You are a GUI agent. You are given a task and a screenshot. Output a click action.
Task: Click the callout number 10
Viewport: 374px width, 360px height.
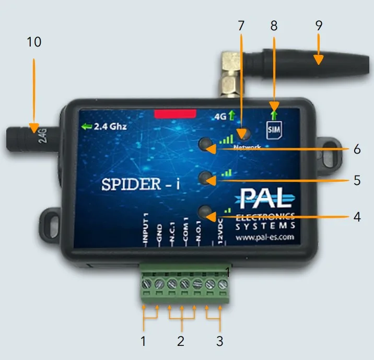pyautogui.click(x=33, y=42)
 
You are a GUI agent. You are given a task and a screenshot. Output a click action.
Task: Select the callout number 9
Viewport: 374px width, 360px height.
pyautogui.click(x=319, y=26)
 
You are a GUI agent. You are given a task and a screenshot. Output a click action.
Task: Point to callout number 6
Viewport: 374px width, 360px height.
pyautogui.click(x=357, y=149)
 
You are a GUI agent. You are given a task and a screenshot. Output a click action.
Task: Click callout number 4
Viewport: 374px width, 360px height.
pyautogui.click(x=357, y=216)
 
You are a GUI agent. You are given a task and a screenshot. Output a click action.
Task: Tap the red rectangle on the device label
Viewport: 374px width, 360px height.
pyautogui.click(x=175, y=113)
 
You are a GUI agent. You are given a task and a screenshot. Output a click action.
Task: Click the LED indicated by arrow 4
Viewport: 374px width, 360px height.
pyautogui.click(x=206, y=212)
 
